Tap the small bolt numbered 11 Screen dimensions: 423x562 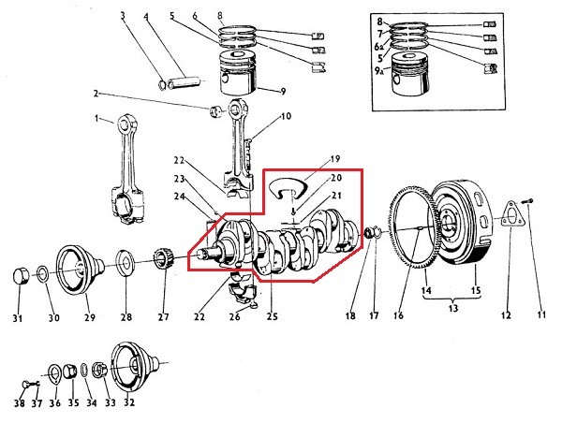click(527, 198)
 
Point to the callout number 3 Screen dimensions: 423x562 click(122, 16)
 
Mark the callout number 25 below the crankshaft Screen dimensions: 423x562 click(273, 317)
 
